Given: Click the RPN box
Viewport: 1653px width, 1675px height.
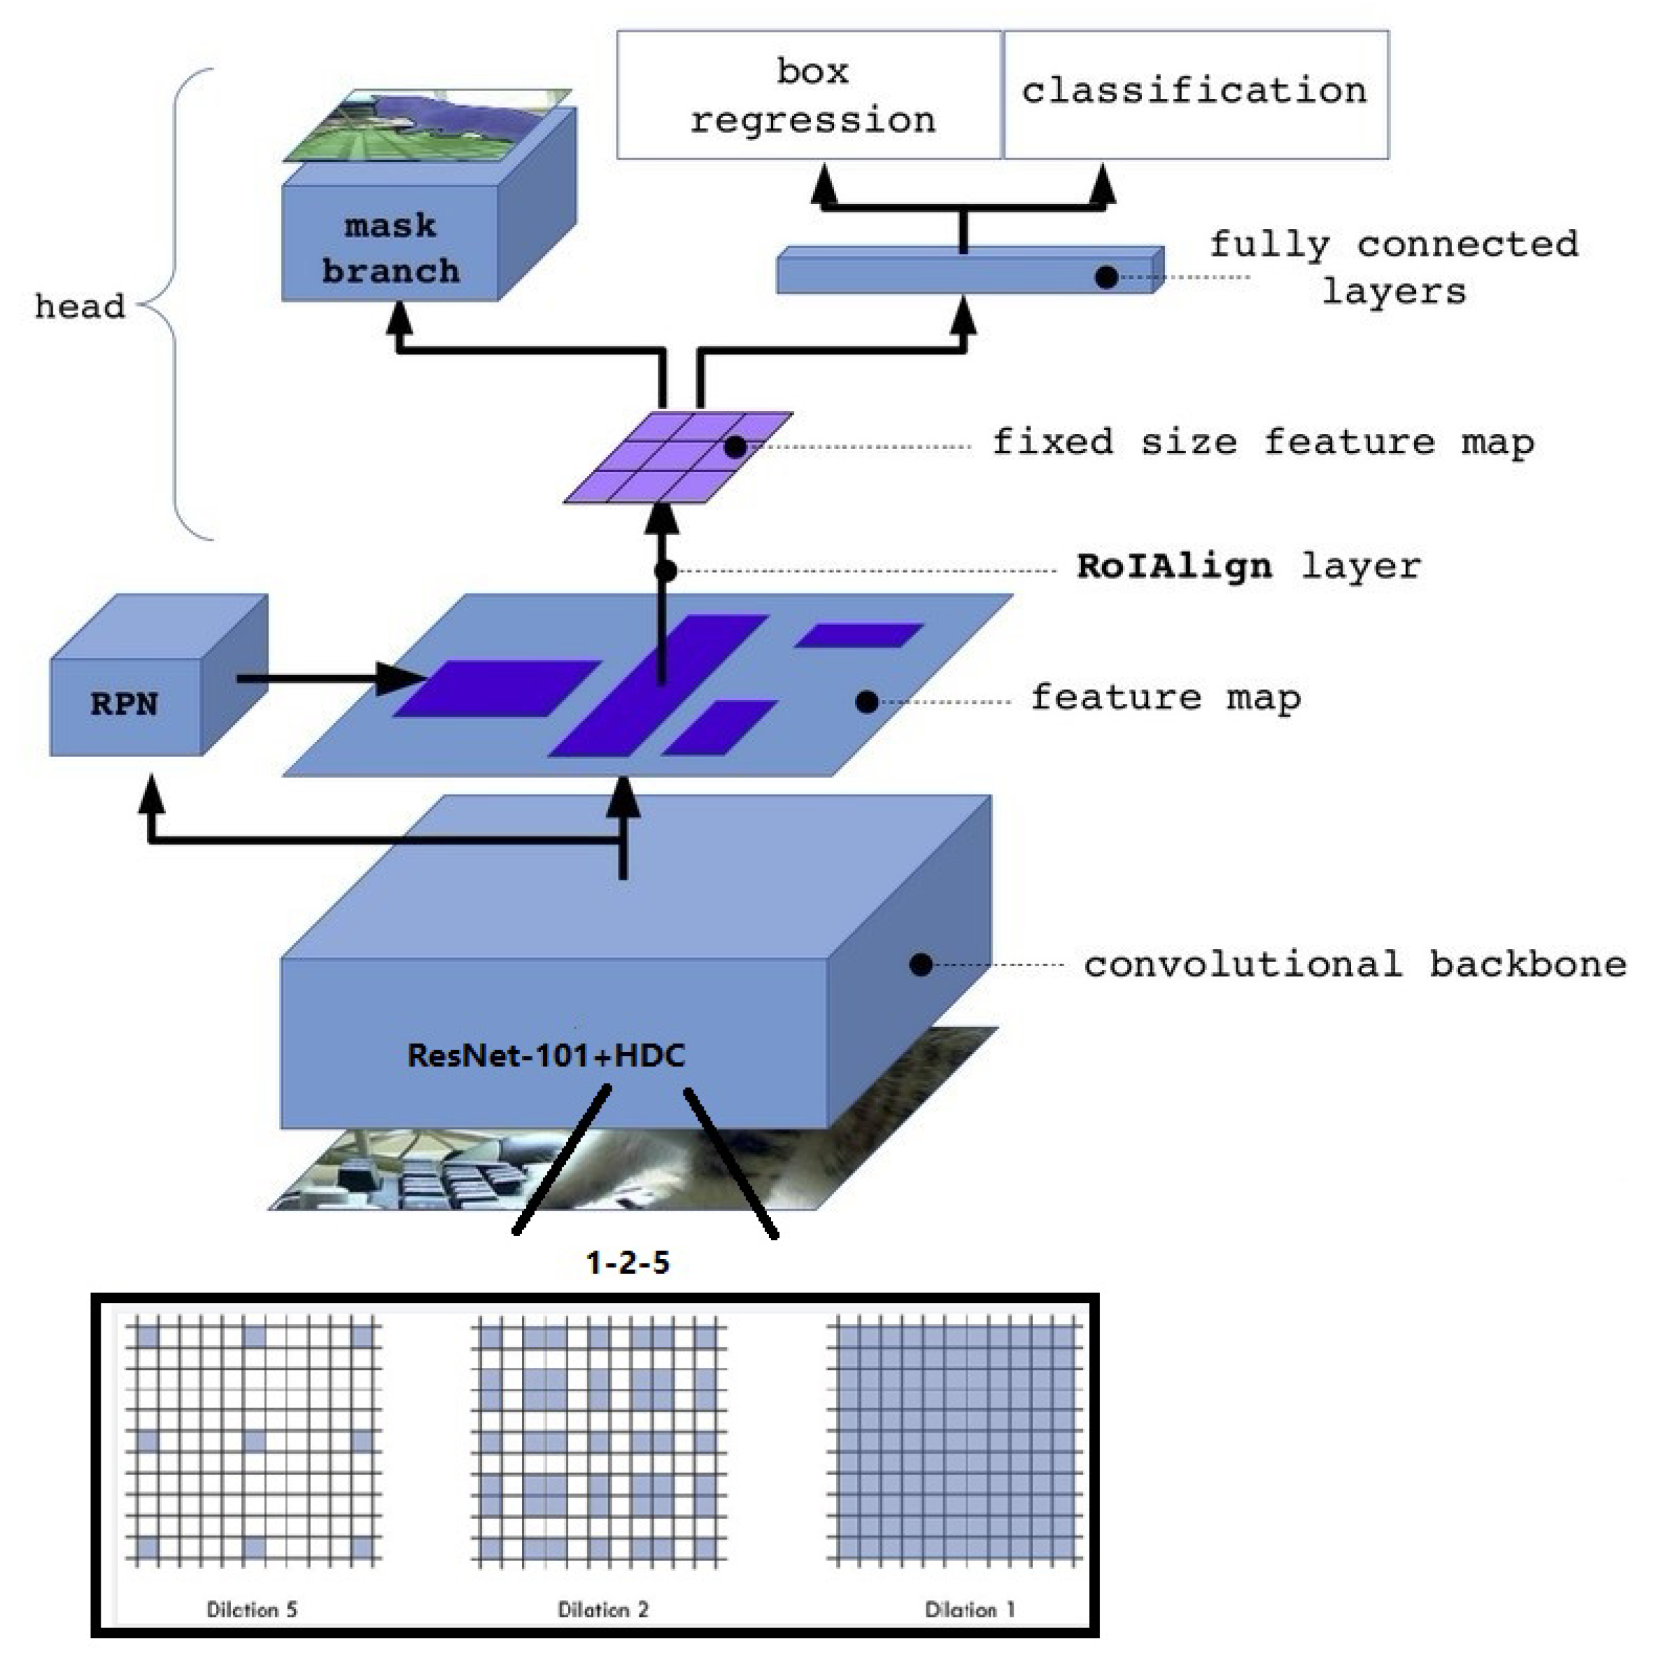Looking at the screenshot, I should click(126, 703).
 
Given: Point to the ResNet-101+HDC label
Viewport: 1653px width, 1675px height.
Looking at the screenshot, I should click(546, 1055).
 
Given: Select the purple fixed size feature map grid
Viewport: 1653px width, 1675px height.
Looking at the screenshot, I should click(677, 457).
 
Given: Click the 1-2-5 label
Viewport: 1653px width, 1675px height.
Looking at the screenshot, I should click(627, 1262).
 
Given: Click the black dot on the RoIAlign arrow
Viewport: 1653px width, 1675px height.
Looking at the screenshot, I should click(664, 570).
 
